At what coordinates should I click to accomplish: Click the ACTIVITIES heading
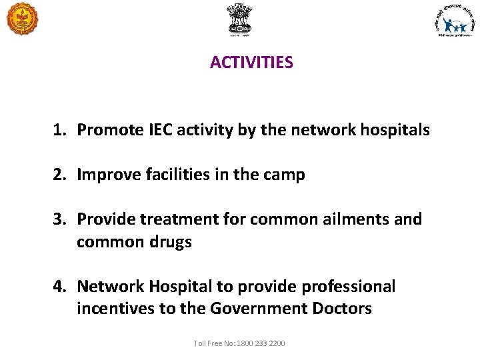point(251,63)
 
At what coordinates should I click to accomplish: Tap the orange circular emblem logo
point(23,18)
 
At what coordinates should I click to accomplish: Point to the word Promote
point(105,130)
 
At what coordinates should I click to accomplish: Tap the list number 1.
point(59,130)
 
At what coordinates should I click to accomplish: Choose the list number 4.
point(59,287)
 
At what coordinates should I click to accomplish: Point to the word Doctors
point(339,309)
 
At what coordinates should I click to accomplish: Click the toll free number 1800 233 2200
point(259,343)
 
